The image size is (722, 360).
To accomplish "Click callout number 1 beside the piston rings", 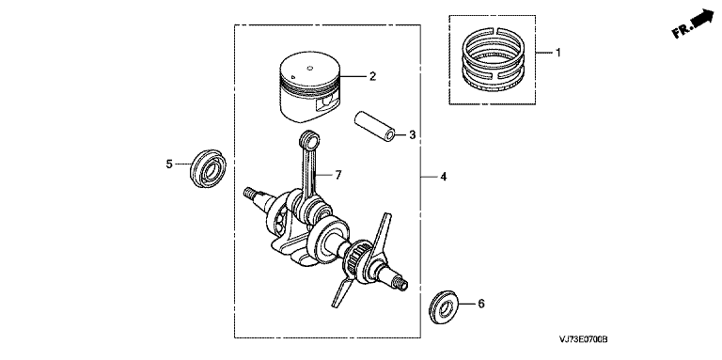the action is pyautogui.click(x=558, y=53).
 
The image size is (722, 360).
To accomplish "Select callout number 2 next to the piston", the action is pyautogui.click(x=373, y=76).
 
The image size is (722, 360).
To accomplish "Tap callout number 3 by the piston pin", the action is pyautogui.click(x=412, y=135).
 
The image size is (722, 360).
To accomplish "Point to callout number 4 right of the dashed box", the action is pyautogui.click(x=443, y=177).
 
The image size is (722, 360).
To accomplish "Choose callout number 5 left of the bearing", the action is pyautogui.click(x=169, y=164).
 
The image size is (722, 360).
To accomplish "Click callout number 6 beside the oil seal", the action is pyautogui.click(x=481, y=304).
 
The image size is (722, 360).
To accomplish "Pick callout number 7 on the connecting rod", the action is pyautogui.click(x=338, y=175).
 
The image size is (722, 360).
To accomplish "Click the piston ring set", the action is pyautogui.click(x=494, y=59).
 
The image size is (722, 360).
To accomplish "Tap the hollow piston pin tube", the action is pyautogui.click(x=374, y=125).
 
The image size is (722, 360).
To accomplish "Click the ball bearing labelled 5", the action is pyautogui.click(x=208, y=168).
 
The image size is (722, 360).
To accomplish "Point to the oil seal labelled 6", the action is pyautogui.click(x=444, y=306).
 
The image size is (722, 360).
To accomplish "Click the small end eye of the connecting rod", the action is pyautogui.click(x=309, y=137).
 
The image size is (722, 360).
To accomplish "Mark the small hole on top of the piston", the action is pyautogui.click(x=310, y=69).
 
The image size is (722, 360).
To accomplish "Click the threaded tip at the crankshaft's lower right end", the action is pyautogui.click(x=401, y=285).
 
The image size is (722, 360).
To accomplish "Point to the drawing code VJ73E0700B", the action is pyautogui.click(x=584, y=339).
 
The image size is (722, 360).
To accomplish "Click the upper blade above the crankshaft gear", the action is pyautogui.click(x=381, y=231).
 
